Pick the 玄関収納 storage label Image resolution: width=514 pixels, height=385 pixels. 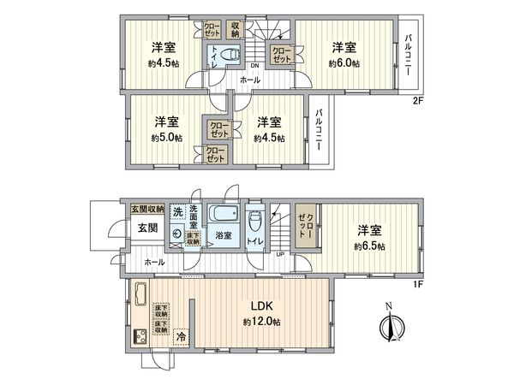(147, 210)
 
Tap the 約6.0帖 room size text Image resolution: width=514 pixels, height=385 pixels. (344, 62)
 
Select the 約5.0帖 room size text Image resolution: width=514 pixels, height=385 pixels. (166, 136)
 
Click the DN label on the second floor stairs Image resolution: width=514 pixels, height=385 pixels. (254, 66)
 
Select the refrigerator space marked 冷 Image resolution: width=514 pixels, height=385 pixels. (180, 338)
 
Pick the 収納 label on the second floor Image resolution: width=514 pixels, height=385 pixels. (236, 29)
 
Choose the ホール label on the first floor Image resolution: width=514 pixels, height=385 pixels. (155, 262)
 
